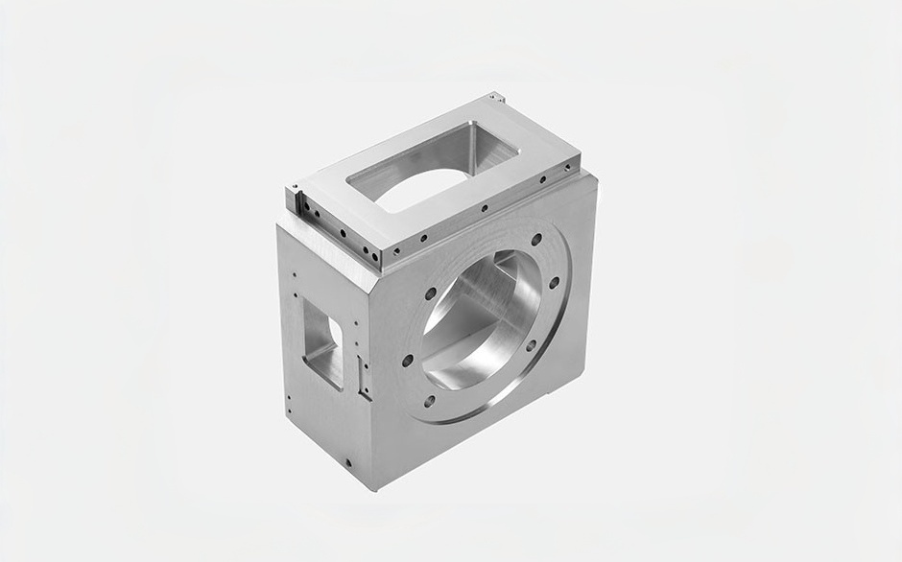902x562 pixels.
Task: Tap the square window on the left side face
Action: [322, 340]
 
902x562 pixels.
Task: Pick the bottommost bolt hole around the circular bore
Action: [429, 401]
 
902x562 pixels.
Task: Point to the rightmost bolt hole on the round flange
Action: [555, 283]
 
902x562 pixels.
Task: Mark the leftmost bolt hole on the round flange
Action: [408, 361]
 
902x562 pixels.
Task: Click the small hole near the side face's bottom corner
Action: [347, 463]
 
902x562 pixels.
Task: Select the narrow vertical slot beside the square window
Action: [361, 376]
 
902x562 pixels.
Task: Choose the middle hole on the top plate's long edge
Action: [485, 207]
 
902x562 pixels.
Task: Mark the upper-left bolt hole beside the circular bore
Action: [431, 293]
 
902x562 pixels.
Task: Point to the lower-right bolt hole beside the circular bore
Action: [531, 345]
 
